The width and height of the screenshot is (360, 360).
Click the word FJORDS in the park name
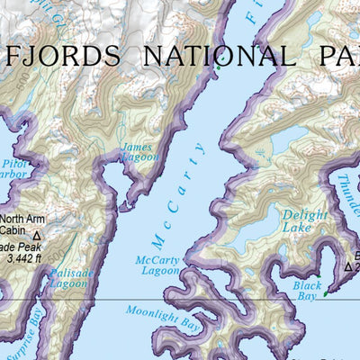tap(62, 57)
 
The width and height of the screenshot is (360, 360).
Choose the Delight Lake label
tap(305, 221)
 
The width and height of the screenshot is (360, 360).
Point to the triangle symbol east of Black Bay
tap(348, 266)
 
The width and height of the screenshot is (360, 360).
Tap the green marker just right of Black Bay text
tap(326, 292)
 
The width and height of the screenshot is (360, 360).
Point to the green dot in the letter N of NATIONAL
tap(217, 66)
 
